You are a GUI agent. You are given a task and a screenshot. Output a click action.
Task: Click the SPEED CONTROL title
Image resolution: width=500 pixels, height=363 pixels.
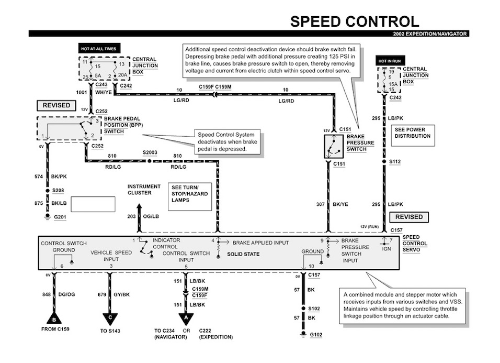click(355, 21)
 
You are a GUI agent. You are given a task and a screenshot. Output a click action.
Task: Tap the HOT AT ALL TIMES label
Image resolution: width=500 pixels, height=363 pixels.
click(98, 49)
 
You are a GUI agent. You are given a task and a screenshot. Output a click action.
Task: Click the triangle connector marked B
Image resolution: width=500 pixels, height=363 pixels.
click(53, 318)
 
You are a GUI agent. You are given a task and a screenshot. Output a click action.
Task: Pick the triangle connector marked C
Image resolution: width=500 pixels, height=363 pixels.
click(110, 318)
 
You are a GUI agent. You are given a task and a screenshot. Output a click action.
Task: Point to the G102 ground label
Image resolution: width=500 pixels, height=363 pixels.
click(316, 334)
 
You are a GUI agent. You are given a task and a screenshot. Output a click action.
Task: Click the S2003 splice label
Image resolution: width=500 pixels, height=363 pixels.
click(150, 153)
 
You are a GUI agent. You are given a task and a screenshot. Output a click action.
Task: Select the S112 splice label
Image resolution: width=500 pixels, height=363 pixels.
click(394, 162)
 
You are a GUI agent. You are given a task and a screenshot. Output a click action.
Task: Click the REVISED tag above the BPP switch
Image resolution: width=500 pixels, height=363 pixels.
click(56, 105)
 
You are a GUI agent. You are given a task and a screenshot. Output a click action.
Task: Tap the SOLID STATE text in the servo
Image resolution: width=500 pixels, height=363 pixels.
click(243, 254)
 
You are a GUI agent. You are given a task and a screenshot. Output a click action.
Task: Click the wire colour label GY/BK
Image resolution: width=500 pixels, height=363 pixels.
click(121, 294)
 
